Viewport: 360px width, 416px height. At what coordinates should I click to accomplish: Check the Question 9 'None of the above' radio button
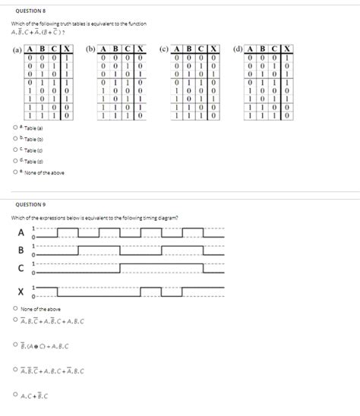pyautogui.click(x=15, y=308)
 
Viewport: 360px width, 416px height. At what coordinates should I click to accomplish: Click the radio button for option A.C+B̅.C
pyautogui.click(x=15, y=395)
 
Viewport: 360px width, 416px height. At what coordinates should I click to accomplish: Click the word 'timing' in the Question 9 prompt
pyautogui.click(x=150, y=218)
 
